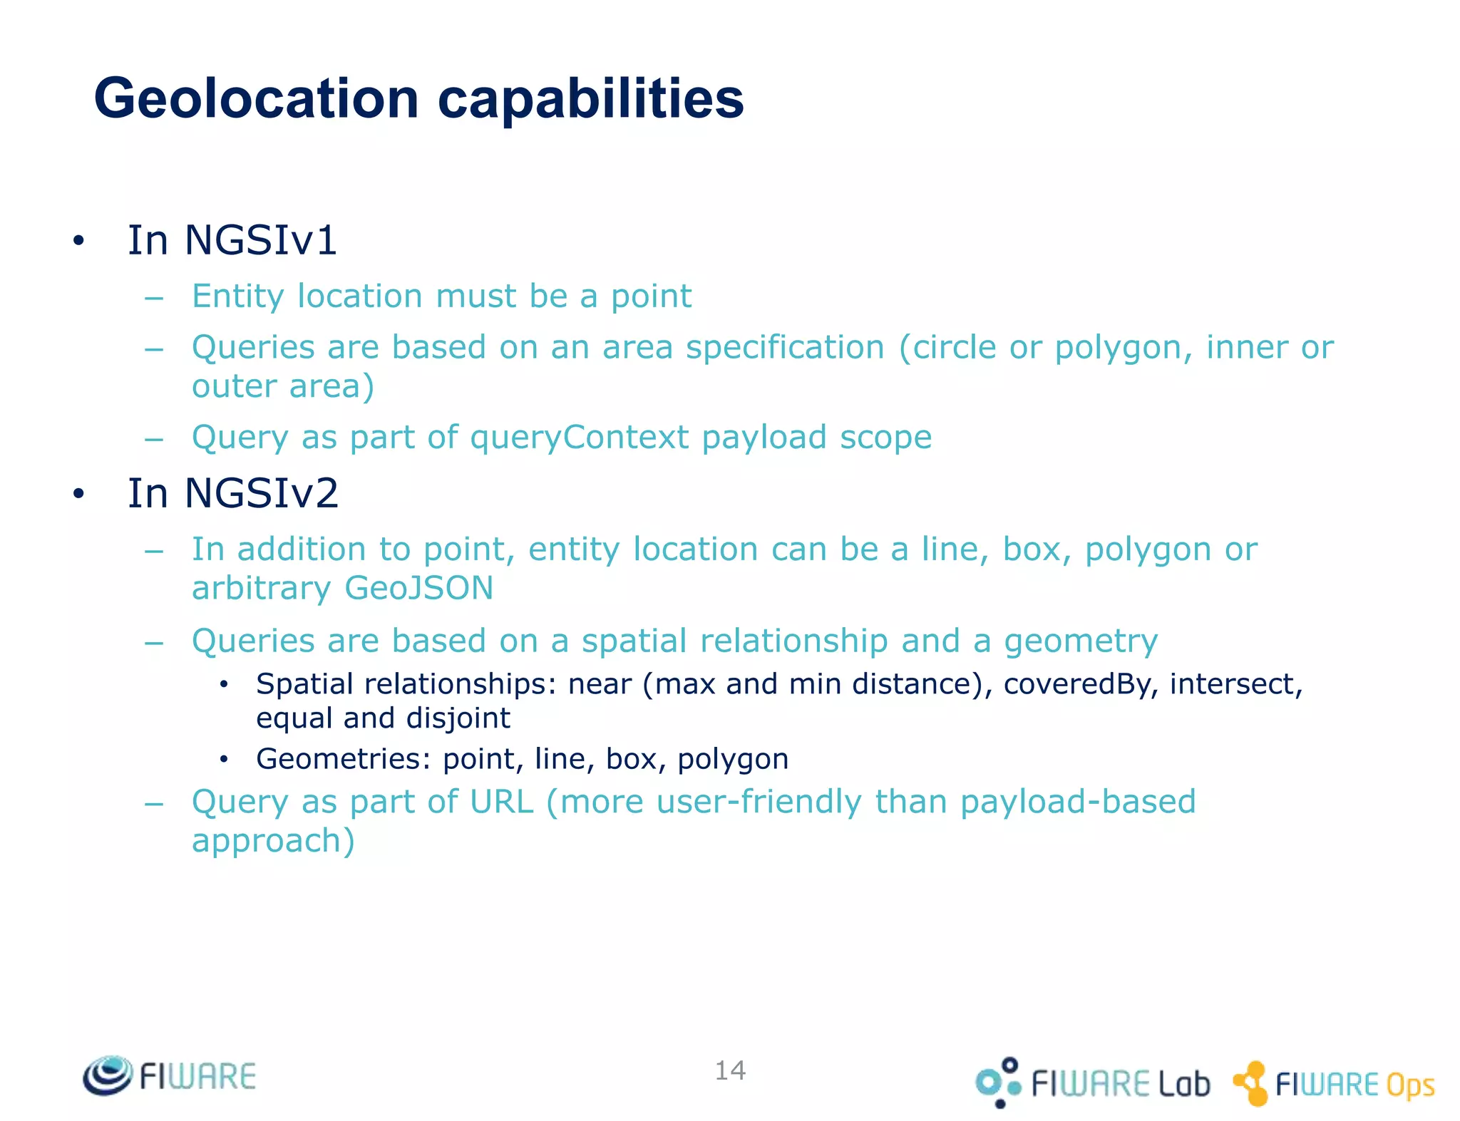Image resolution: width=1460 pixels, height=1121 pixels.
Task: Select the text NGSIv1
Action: click(261, 240)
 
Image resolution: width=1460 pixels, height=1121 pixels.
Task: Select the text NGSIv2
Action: click(262, 493)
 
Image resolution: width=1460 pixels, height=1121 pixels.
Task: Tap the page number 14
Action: click(730, 1070)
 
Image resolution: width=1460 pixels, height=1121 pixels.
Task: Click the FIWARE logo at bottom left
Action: click(170, 1075)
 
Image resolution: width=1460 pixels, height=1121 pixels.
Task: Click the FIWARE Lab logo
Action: click(1093, 1083)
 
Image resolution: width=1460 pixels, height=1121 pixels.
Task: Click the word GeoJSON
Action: click(418, 589)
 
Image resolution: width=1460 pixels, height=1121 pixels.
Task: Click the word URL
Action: click(501, 802)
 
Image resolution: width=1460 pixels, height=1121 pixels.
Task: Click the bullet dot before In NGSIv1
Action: click(78, 241)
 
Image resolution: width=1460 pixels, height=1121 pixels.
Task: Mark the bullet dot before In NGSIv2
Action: click(78, 494)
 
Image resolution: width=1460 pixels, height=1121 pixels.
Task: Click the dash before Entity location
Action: click(154, 297)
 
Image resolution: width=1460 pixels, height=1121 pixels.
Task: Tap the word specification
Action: click(785, 348)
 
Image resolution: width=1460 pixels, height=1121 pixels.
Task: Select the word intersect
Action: click(1235, 684)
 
